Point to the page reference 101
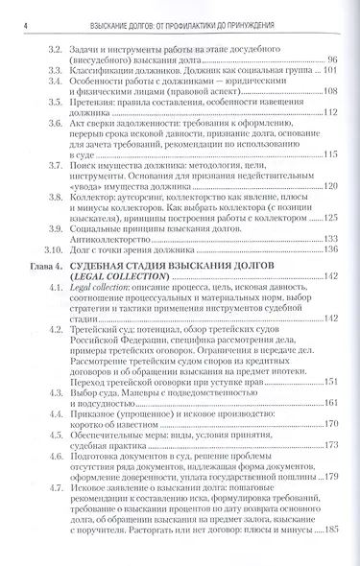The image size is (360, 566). pos(331,71)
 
